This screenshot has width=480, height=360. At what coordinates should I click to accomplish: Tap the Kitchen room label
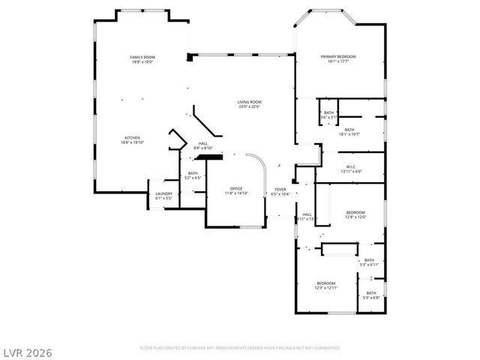coord(132,138)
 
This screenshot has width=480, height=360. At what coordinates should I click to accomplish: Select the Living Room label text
coord(249,102)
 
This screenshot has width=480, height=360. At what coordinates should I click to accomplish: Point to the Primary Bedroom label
coord(337,57)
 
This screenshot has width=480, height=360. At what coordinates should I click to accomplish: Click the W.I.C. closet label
coord(351,166)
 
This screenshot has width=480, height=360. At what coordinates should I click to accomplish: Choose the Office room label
coord(235,188)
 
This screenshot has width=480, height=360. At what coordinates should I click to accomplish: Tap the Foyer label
coord(280,190)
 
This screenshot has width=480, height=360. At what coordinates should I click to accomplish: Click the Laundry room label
coord(163,194)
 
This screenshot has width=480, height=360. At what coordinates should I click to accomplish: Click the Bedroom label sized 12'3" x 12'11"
coord(326,283)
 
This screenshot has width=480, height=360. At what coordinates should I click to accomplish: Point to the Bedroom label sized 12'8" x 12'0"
coord(355,212)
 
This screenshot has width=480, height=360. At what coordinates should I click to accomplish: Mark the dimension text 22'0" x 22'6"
coord(249,106)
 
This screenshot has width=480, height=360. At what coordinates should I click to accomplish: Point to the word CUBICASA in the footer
coord(204,348)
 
